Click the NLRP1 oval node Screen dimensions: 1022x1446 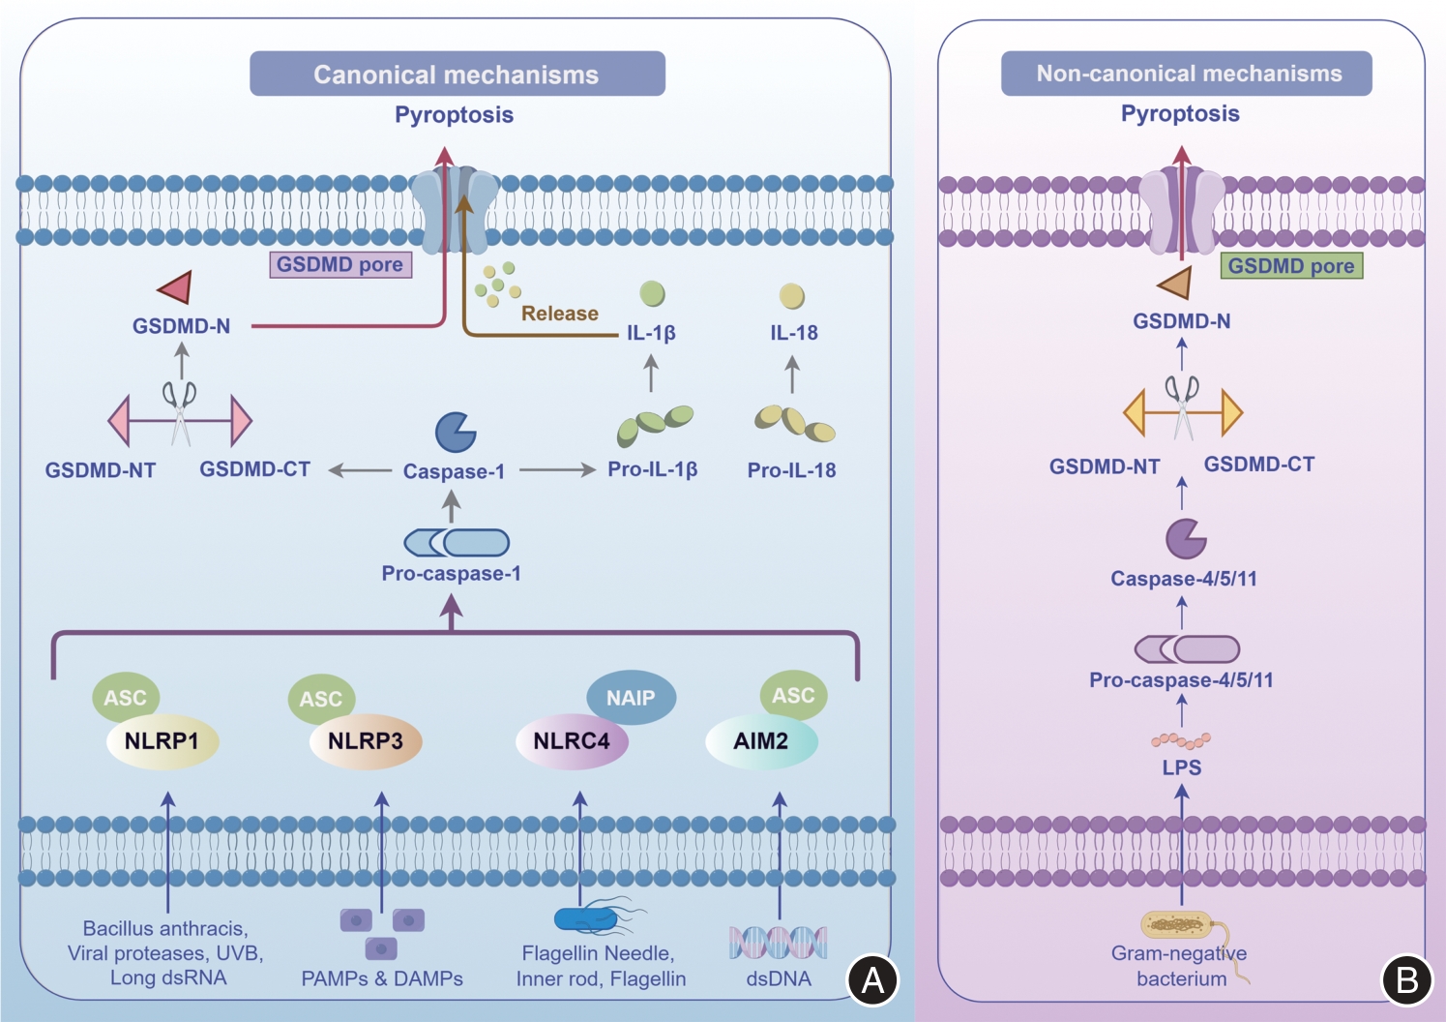[162, 741]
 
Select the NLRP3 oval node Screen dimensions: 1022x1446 [366, 741]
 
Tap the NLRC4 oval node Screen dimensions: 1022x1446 [572, 741]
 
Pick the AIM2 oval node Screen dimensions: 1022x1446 [761, 741]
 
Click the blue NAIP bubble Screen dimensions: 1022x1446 [631, 697]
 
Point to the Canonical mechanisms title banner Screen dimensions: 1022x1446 [457, 74]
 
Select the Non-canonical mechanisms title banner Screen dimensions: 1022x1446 [1187, 74]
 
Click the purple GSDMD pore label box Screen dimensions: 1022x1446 [340, 264]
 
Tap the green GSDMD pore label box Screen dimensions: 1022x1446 [1291, 266]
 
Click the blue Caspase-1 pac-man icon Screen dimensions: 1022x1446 [455, 433]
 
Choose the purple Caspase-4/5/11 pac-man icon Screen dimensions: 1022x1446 [1185, 539]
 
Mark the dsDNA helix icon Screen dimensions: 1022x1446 [779, 942]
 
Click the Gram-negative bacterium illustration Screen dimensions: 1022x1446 [1177, 925]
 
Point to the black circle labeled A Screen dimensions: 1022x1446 [872, 979]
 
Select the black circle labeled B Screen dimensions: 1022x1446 [1406, 979]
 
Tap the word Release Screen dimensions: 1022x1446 [559, 314]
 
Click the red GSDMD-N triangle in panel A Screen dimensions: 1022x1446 [177, 286]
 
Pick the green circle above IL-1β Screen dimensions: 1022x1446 [653, 293]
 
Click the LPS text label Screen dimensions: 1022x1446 [1182, 767]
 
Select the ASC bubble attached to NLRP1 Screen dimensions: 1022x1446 [125, 697]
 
